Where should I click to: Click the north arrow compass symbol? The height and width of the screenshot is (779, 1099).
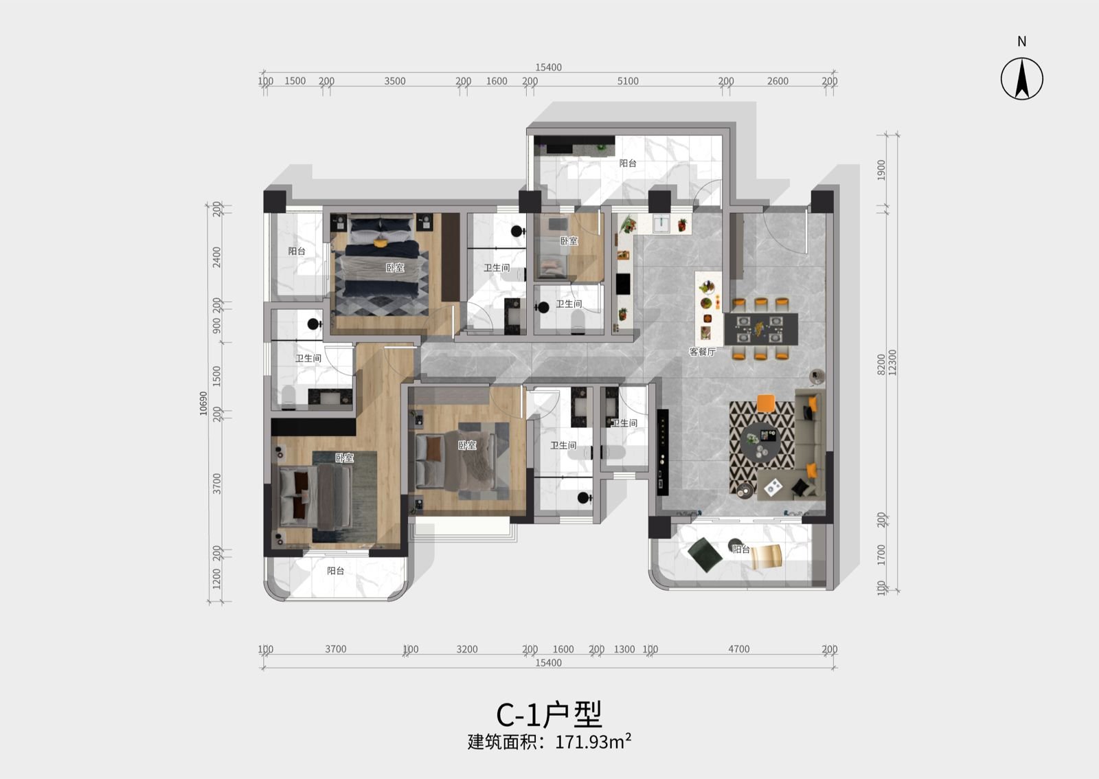(1022, 78)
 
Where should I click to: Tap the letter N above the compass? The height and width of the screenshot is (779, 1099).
(1022, 42)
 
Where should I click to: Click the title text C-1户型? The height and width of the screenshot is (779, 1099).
(549, 714)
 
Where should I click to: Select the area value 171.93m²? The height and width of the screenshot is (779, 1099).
(593, 742)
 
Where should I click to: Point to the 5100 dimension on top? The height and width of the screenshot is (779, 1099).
(628, 81)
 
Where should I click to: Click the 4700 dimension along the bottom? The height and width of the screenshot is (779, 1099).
(739, 649)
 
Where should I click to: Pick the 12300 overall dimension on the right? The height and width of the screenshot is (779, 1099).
(892, 363)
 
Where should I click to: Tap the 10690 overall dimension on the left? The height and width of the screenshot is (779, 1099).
(203, 403)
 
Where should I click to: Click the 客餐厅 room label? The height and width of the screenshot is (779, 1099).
(702, 351)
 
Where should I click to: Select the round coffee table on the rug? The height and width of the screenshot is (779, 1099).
(760, 442)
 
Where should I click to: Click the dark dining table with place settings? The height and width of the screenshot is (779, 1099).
(761, 329)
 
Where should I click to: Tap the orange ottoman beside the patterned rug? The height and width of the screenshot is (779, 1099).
(766, 403)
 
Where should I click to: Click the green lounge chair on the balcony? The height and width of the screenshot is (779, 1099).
(705, 555)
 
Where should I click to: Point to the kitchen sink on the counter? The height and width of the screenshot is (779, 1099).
(662, 224)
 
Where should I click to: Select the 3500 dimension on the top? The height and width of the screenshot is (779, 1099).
(395, 81)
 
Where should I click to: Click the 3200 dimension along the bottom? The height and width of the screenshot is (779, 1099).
(466, 649)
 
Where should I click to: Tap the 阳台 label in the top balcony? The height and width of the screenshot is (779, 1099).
(628, 163)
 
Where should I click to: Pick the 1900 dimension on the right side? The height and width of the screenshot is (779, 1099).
(881, 170)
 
